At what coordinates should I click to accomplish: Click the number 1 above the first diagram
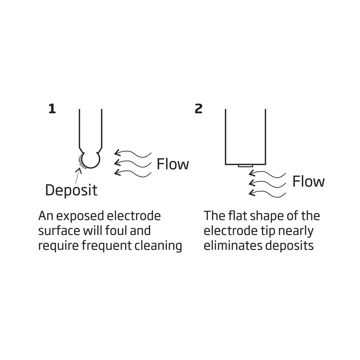pos(52,109)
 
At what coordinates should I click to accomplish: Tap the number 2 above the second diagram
pos(198,109)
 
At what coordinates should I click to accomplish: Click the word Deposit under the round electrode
pos(71,190)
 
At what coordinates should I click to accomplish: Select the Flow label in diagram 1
pos(173,164)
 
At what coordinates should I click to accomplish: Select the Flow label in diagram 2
pos(308,182)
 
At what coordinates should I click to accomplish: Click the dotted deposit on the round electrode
pos(81,161)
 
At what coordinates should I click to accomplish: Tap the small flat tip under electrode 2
pos(246,166)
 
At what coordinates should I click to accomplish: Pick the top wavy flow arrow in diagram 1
pos(133,153)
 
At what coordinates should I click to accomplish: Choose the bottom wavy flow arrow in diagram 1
pos(133,172)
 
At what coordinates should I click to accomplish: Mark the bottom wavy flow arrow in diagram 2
pos(268,193)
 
